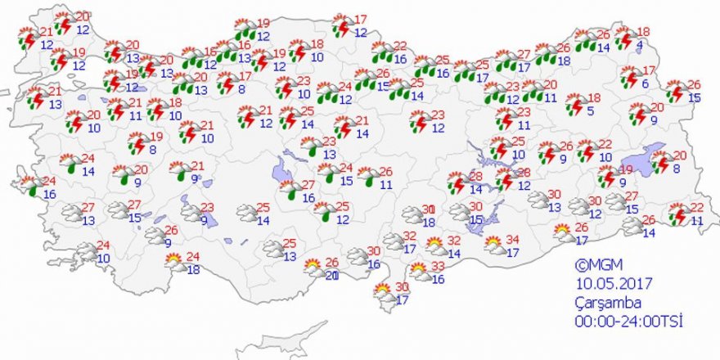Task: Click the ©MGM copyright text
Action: click(595, 265)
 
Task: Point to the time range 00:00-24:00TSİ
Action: click(628, 320)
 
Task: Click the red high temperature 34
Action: click(514, 239)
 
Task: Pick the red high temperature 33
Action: click(438, 267)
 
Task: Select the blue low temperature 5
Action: click(591, 111)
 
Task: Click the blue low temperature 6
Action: click(645, 83)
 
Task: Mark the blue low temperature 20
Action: click(331, 276)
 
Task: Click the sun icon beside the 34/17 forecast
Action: click(493, 245)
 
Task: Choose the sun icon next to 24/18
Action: click(173, 263)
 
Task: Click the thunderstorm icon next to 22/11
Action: click(677, 215)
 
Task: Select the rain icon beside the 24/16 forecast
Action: click(30, 187)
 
